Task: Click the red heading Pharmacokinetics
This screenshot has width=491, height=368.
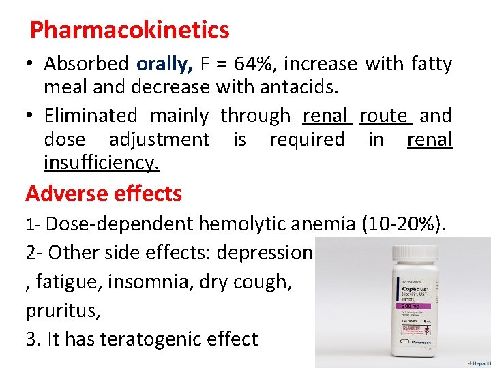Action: tap(130, 30)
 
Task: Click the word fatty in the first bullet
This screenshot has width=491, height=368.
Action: tap(432, 64)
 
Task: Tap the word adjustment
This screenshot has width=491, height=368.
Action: tap(160, 140)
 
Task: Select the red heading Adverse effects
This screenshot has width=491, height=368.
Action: tap(104, 194)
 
